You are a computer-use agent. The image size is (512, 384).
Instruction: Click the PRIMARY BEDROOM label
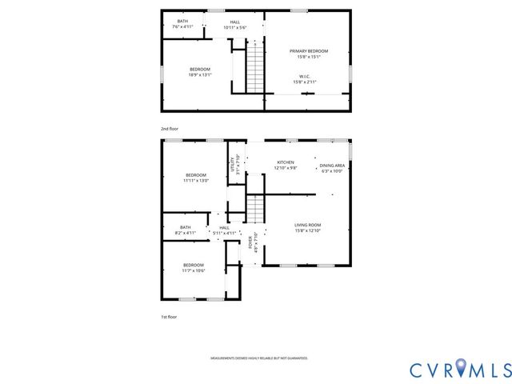click(x=308, y=50)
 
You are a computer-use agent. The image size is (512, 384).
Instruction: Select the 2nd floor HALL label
click(x=234, y=22)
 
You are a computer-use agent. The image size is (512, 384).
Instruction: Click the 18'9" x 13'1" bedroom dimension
click(x=199, y=75)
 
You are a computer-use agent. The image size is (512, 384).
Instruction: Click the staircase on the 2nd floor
click(x=254, y=70)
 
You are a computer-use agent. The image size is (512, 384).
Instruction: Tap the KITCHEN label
click(x=286, y=162)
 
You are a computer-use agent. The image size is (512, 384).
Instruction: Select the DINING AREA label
click(x=332, y=164)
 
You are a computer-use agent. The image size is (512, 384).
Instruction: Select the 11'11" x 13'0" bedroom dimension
click(x=196, y=181)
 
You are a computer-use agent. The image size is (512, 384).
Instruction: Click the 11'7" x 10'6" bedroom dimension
click(x=193, y=270)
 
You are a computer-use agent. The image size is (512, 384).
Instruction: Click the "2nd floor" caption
click(x=169, y=128)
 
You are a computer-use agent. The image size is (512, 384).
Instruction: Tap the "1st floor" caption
click(x=169, y=317)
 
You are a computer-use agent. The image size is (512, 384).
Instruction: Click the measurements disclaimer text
click(x=258, y=358)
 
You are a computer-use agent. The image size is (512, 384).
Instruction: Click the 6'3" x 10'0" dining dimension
click(x=332, y=170)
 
